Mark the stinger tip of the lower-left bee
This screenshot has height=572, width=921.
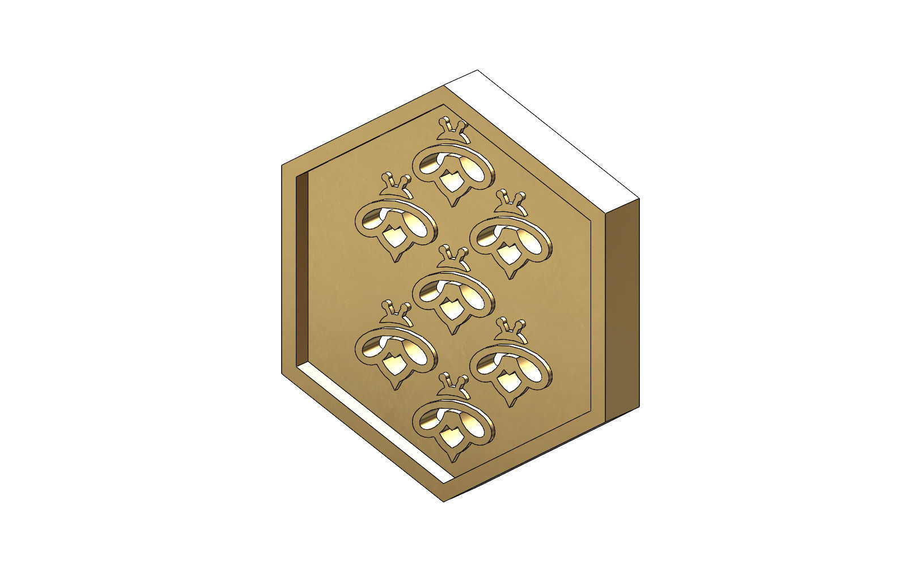pos(394,388)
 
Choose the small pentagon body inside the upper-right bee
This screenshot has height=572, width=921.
pos(508,255)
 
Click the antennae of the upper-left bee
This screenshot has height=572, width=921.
pos(396,181)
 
